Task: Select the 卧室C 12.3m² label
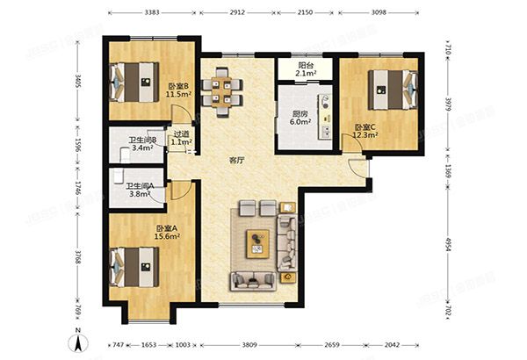[x=366, y=131]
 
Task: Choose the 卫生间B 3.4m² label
[x=142, y=144]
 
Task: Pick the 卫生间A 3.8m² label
[x=141, y=190]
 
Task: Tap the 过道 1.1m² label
[x=182, y=138]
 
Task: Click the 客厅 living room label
[x=236, y=160]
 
